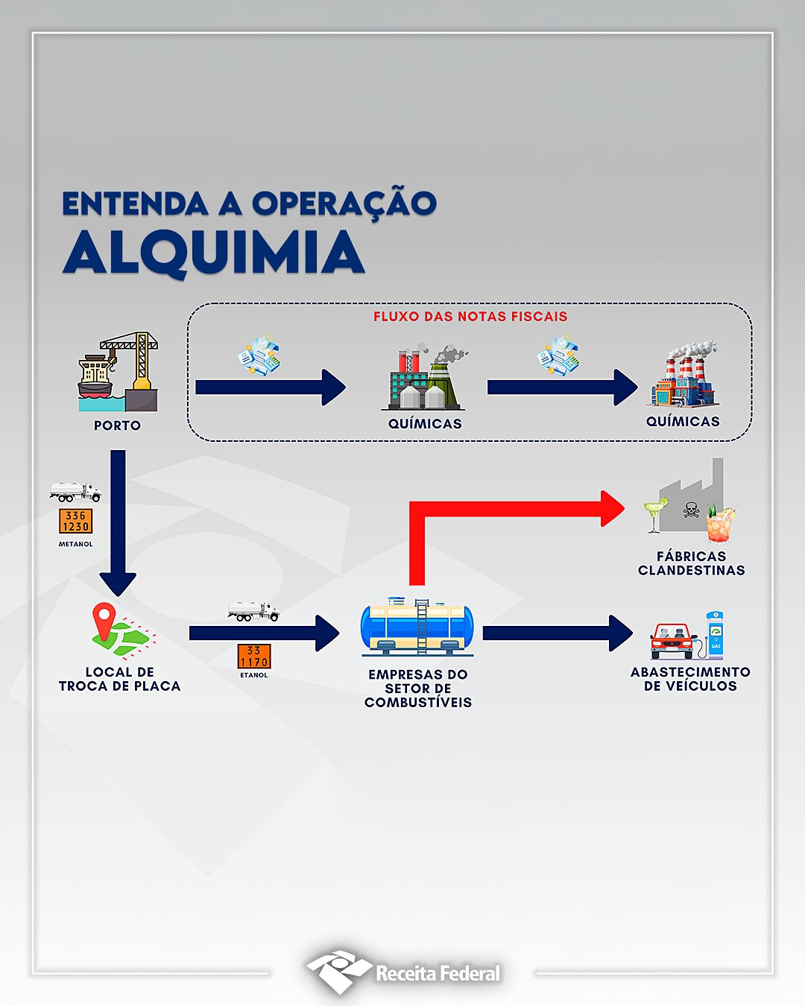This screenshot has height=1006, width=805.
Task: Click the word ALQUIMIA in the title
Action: [214, 253]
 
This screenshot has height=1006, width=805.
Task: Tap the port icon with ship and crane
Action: [118, 372]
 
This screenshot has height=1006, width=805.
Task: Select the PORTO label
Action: [118, 426]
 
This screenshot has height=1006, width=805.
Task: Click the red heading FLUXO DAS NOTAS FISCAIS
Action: [470, 317]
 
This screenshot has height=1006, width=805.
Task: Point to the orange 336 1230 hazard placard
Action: [76, 521]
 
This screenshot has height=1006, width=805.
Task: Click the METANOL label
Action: [76, 544]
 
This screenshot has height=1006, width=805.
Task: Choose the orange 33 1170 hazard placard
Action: [254, 656]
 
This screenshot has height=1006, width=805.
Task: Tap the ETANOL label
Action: [254, 675]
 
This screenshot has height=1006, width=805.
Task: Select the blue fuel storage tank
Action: [417, 627]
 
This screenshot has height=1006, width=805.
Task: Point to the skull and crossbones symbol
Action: [691, 510]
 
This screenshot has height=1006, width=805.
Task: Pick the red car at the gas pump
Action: [672, 642]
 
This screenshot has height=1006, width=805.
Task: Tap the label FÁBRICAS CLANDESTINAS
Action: [692, 563]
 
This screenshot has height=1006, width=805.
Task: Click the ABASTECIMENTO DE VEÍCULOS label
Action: [690, 679]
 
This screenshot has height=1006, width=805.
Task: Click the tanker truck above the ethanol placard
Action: [253, 612]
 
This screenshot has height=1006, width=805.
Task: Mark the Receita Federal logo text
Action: [438, 974]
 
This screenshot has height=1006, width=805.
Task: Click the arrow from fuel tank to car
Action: [558, 633]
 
